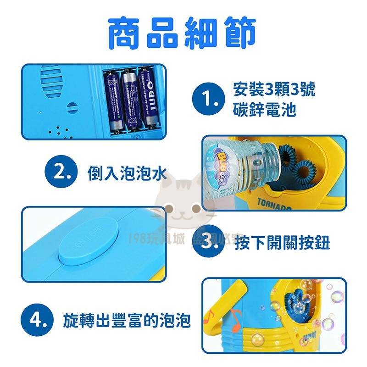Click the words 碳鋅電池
point(264,111)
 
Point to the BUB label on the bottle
point(225,159)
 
